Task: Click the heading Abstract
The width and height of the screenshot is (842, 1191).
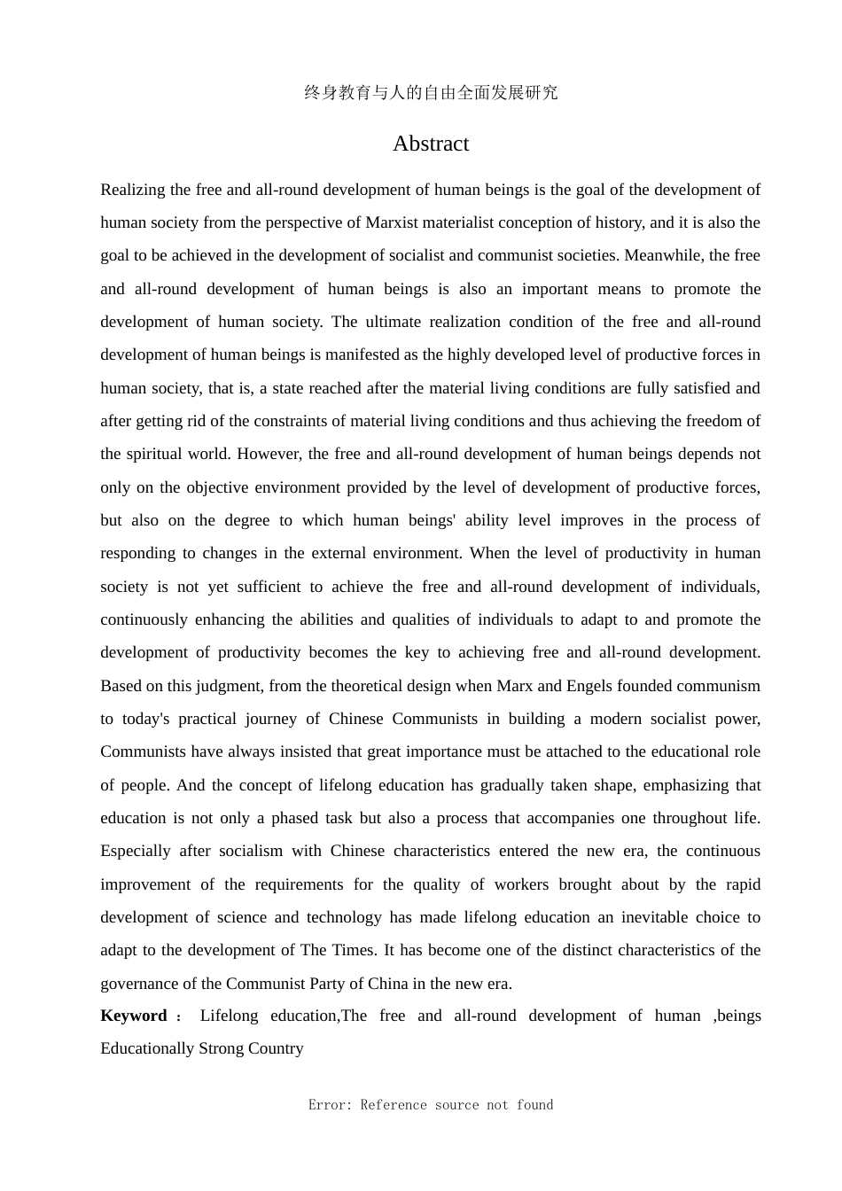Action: tap(431, 144)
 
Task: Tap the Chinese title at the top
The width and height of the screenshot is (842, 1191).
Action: tap(431, 92)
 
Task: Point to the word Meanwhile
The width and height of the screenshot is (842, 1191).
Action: tap(664, 255)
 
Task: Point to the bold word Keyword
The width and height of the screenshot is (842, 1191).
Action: tap(134, 1016)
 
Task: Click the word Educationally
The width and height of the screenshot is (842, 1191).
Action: tap(147, 1048)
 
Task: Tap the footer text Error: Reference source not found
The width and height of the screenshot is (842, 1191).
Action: tap(431, 1105)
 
